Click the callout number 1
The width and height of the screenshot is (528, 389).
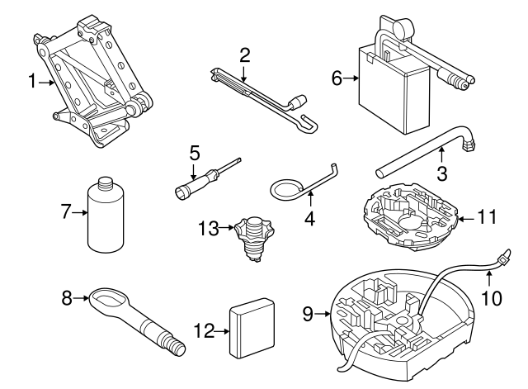tap(31, 81)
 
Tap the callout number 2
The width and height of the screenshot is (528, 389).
tap(244, 55)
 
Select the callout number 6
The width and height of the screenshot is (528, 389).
tap(336, 79)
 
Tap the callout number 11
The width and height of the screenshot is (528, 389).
tap(488, 219)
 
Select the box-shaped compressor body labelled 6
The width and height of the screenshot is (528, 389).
tap(394, 86)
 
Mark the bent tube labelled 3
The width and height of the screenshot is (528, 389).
tap(429, 154)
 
